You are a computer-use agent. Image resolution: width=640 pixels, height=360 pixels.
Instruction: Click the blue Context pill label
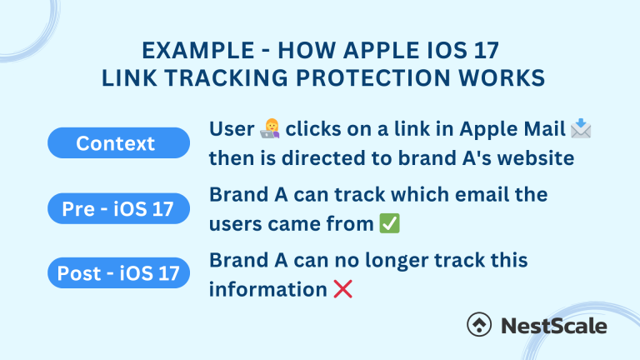tap(115, 143)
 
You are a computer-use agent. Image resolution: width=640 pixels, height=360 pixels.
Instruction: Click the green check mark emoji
tap(388, 223)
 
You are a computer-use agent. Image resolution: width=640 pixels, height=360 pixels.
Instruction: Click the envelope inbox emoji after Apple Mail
tap(581, 129)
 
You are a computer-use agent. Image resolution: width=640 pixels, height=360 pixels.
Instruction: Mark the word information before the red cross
tap(267, 289)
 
